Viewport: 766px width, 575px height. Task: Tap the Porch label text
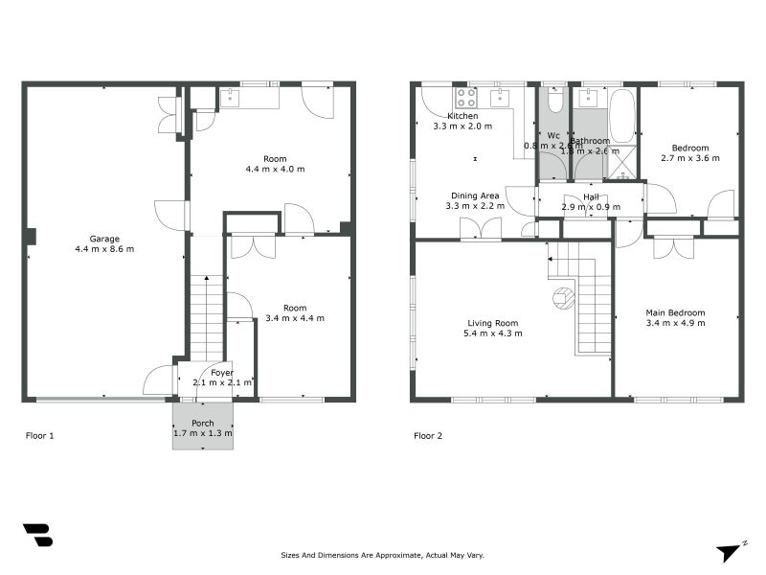[x=203, y=423]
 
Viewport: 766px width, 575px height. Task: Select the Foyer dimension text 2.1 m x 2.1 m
[x=222, y=382]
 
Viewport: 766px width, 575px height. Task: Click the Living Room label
[x=493, y=323]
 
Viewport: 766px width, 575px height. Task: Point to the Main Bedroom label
[x=675, y=312]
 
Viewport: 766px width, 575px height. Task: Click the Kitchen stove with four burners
[x=465, y=97]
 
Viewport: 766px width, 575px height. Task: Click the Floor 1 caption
[x=39, y=435]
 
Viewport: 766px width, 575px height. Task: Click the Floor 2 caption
[x=428, y=435]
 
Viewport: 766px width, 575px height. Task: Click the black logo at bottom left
[x=37, y=535]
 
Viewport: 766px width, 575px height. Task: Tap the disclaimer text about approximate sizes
[x=383, y=555]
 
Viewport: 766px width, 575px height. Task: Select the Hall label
[x=591, y=196]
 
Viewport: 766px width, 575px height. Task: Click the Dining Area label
[x=476, y=195]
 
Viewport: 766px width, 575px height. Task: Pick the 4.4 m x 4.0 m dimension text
[x=275, y=170]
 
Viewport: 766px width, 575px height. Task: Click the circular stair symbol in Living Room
[x=562, y=297]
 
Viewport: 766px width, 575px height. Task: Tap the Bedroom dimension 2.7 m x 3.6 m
[x=689, y=158]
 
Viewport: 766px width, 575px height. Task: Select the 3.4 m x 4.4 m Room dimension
[x=295, y=318]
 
